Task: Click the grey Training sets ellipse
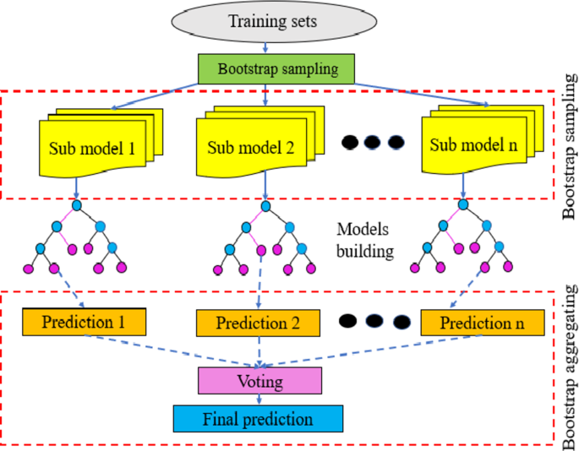(267, 21)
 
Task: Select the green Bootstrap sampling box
(266, 68)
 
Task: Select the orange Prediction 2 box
(259, 322)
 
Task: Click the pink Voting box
(260, 381)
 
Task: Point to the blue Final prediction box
(258, 418)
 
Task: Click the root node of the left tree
(76, 205)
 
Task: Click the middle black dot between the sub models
(373, 142)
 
